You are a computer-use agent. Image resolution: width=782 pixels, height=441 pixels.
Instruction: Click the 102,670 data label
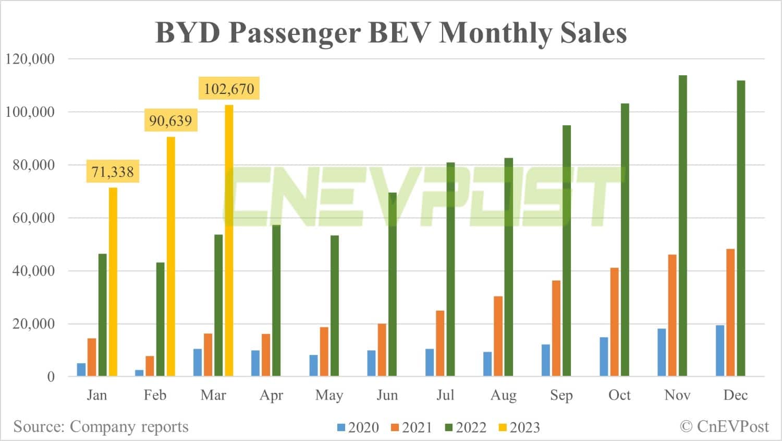click(x=229, y=89)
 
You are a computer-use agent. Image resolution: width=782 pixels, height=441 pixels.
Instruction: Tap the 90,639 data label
click(x=170, y=121)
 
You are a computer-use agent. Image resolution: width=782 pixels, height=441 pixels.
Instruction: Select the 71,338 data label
click(x=113, y=172)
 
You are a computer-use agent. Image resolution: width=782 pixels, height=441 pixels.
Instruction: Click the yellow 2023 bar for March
click(x=229, y=240)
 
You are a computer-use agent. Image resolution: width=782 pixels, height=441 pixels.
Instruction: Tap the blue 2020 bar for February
click(x=139, y=373)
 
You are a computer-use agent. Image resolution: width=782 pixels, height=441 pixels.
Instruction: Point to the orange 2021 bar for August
click(x=498, y=336)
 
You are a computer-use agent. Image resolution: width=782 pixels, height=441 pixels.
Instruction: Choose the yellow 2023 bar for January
click(x=113, y=282)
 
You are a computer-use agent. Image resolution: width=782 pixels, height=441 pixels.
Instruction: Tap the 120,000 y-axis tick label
click(x=30, y=59)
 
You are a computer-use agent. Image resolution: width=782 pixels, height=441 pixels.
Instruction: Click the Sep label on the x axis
click(x=561, y=395)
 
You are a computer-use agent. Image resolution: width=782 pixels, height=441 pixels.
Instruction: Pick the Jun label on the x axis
click(x=387, y=395)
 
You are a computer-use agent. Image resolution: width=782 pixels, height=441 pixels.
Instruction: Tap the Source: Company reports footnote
click(x=101, y=426)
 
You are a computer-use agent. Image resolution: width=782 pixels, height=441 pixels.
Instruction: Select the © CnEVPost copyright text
click(x=724, y=426)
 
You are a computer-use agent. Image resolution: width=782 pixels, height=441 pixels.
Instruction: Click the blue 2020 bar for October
click(x=604, y=356)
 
